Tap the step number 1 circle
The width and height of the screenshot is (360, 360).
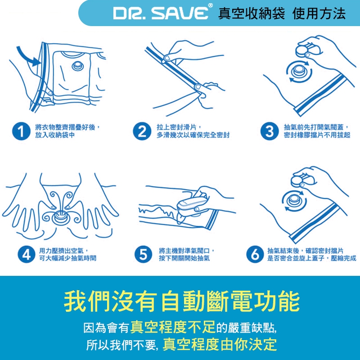[x=21, y=131]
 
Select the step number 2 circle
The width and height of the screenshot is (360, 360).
[x=142, y=131]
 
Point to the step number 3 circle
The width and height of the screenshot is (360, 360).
[x=270, y=131]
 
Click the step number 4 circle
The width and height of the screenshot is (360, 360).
[x=27, y=254]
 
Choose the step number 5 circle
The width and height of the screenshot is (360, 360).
[x=143, y=254]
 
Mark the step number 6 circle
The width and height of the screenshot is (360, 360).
[x=255, y=254]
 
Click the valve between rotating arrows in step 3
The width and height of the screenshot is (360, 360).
[x=299, y=71]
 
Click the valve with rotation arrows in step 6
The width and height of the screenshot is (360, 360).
[x=294, y=199]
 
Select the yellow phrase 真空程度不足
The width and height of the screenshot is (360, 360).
[x=173, y=327]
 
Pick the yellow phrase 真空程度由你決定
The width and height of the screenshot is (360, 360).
[x=220, y=344]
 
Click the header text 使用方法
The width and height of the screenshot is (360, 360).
[x=319, y=13]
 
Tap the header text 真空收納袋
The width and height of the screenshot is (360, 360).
[x=252, y=13]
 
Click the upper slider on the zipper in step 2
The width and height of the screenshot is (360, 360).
[x=167, y=58]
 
